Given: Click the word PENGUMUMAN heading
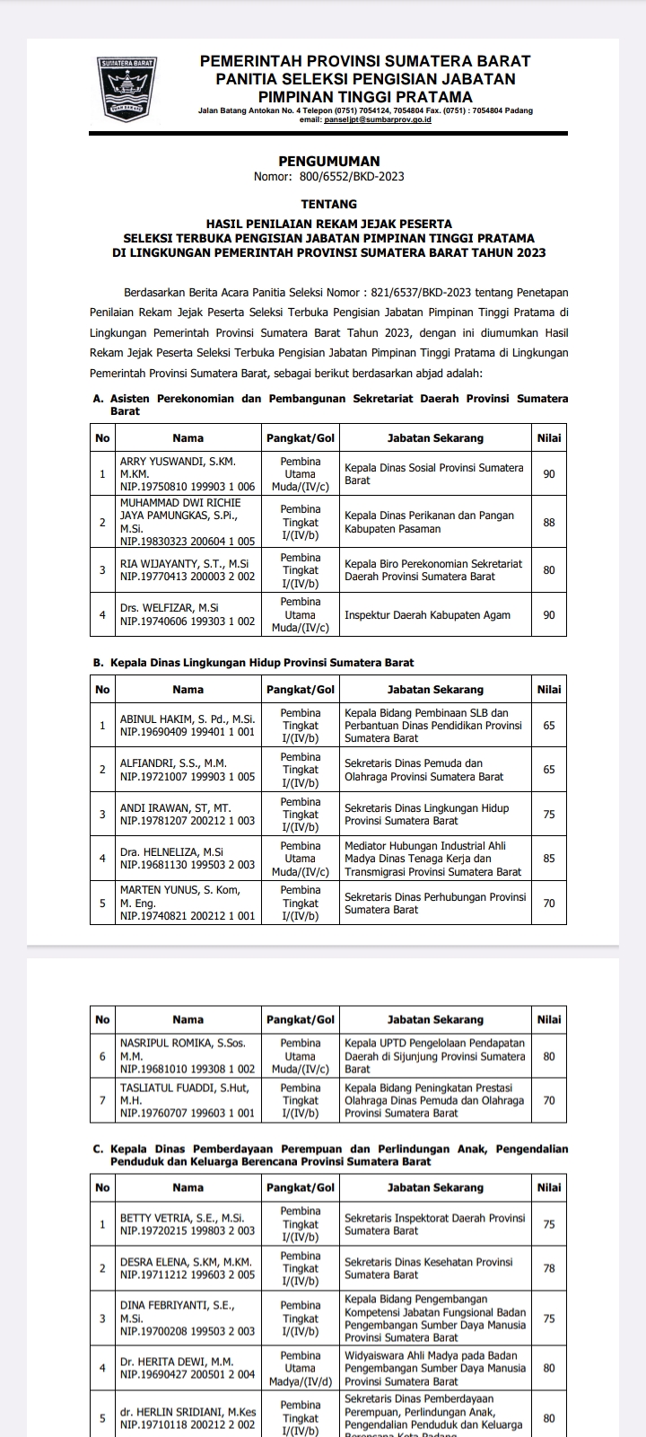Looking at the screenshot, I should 328,162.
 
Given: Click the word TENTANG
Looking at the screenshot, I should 328,205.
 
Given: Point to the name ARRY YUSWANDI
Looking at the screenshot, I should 178,462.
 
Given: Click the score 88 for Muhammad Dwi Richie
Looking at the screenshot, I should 549,522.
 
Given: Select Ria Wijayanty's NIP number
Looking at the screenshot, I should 188,577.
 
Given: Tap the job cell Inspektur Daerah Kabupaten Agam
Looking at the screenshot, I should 427,615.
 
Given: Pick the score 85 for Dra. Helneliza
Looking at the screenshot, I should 549,859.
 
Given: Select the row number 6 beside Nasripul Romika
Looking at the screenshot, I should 102,1057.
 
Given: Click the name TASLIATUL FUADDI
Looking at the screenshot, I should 172,1088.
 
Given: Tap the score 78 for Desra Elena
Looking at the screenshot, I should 549,1269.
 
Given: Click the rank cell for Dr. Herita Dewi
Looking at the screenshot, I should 301,1369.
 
